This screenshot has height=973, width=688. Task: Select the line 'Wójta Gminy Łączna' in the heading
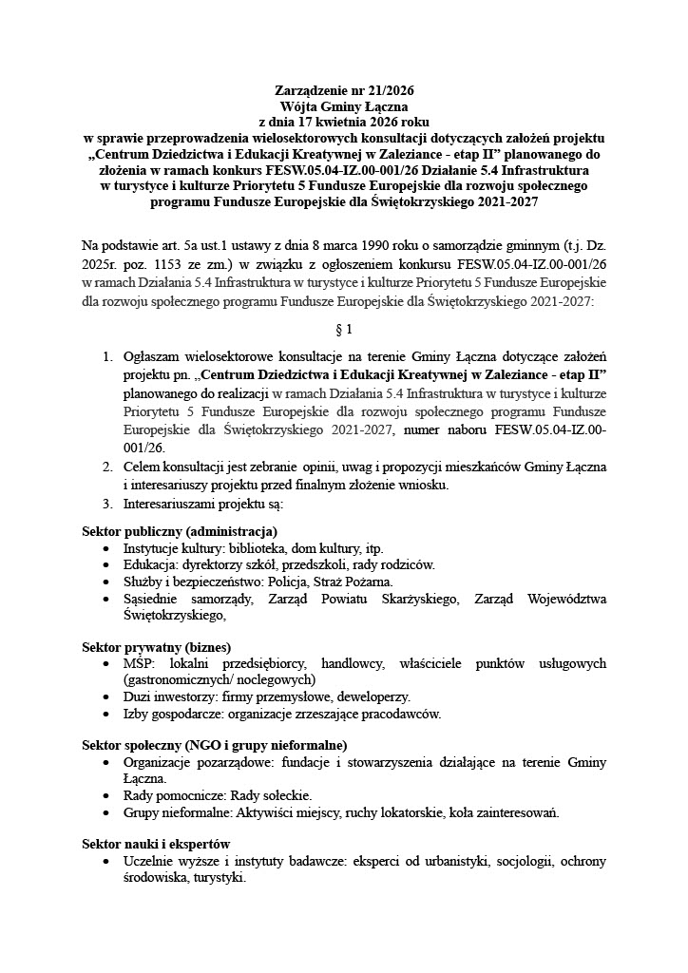pos(343,107)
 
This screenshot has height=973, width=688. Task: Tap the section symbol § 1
pos(344,331)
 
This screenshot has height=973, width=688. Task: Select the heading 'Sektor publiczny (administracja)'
pos(180,530)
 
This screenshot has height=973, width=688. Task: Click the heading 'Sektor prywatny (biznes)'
pos(157,646)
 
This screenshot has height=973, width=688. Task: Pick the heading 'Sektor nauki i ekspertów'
pos(156,844)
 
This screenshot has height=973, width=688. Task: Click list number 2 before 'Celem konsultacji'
pos(106,467)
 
